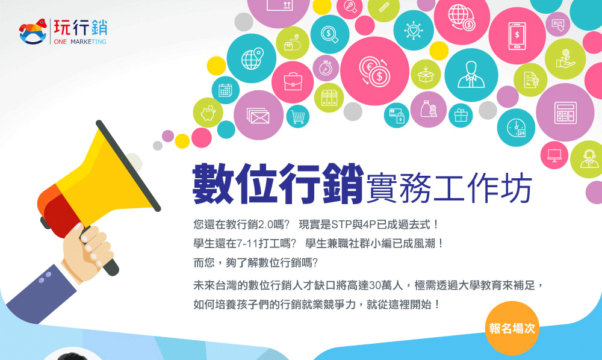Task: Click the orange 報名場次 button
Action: (512, 328)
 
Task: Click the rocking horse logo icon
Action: (33, 31)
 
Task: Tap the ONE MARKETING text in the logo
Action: (80, 42)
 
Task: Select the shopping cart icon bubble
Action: (298, 116)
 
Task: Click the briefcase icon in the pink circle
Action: (293, 82)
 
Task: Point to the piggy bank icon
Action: (208, 113)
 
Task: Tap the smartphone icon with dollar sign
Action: (517, 36)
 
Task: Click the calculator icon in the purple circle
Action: (565, 113)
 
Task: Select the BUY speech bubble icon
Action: (558, 24)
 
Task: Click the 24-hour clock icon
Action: (516, 128)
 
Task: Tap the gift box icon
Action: (461, 115)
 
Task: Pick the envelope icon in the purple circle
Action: (258, 116)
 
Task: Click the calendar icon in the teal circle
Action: (225, 90)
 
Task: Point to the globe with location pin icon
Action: (252, 59)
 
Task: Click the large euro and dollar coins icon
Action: (374, 71)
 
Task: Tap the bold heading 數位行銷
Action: (278, 184)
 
